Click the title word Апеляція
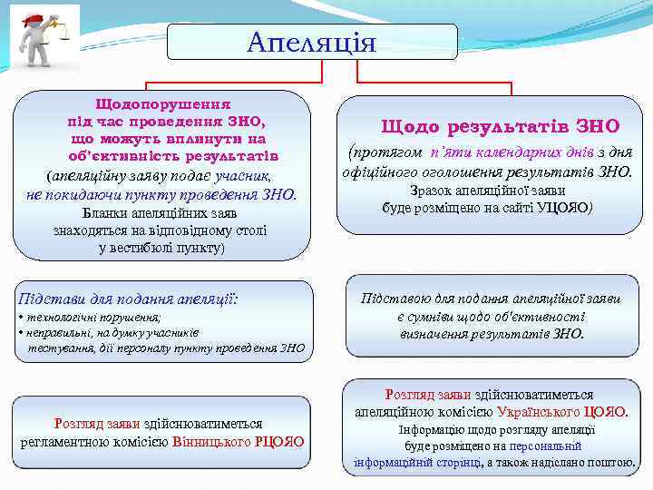pyautogui.click(x=310, y=41)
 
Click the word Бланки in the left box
pyautogui.click(x=107, y=214)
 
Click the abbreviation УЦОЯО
pyautogui.click(x=562, y=208)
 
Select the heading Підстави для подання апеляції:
pyautogui.click(x=128, y=298)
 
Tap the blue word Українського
pyautogui.click(x=543, y=412)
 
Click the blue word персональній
pyautogui.click(x=545, y=446)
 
